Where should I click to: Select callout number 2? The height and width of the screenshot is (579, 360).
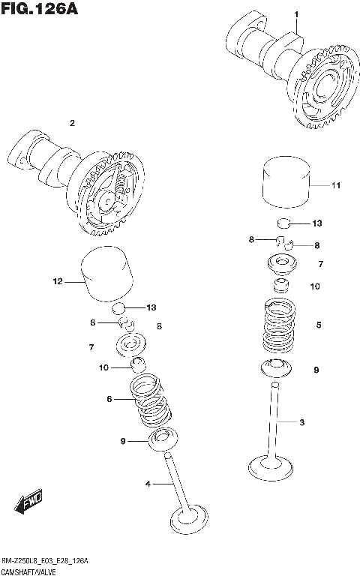pyautogui.click(x=72, y=123)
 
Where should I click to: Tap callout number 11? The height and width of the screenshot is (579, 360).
pyautogui.click(x=335, y=184)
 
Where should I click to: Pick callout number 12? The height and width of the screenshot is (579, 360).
pyautogui.click(x=56, y=282)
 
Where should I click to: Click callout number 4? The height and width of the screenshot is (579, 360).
pyautogui.click(x=148, y=484)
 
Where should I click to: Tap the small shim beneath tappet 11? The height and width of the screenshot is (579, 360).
pyautogui.click(x=283, y=223)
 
